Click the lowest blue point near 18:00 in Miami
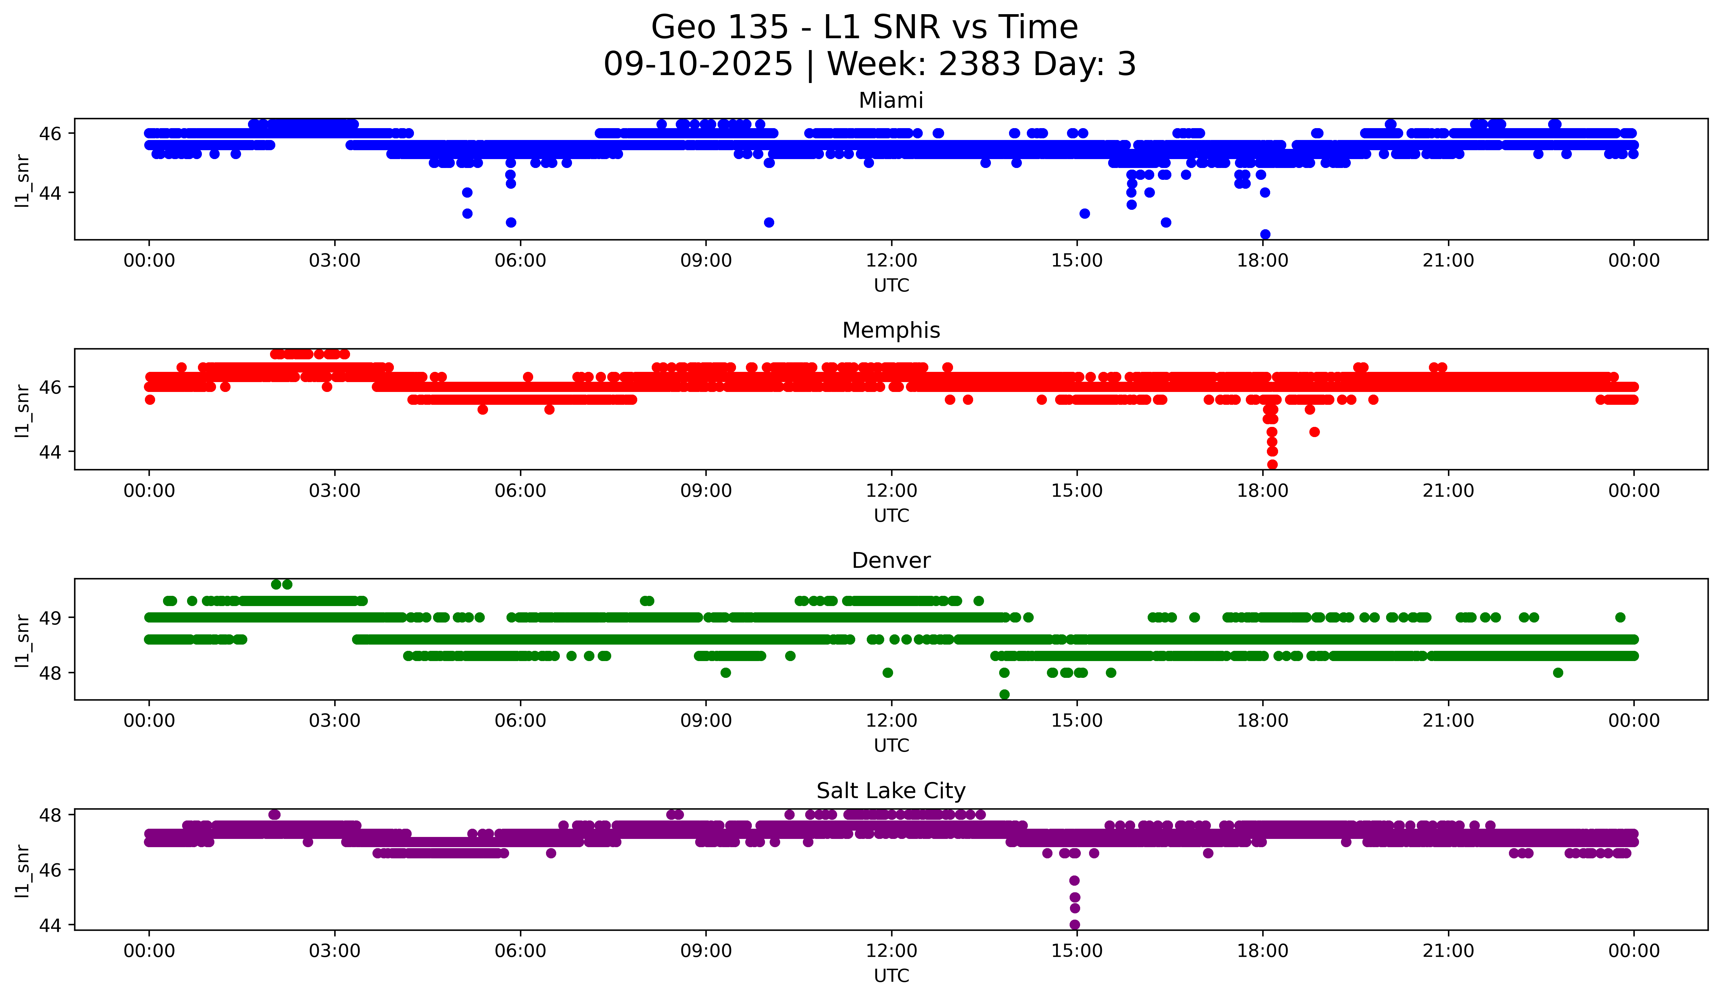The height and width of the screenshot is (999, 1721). pos(1265,234)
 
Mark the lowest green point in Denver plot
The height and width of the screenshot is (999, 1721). pos(1004,694)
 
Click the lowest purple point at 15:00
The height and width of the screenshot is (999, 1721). pos(1074,925)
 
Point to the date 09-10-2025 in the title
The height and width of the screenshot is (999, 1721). pos(698,64)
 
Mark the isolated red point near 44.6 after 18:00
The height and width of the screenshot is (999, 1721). pos(1314,431)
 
